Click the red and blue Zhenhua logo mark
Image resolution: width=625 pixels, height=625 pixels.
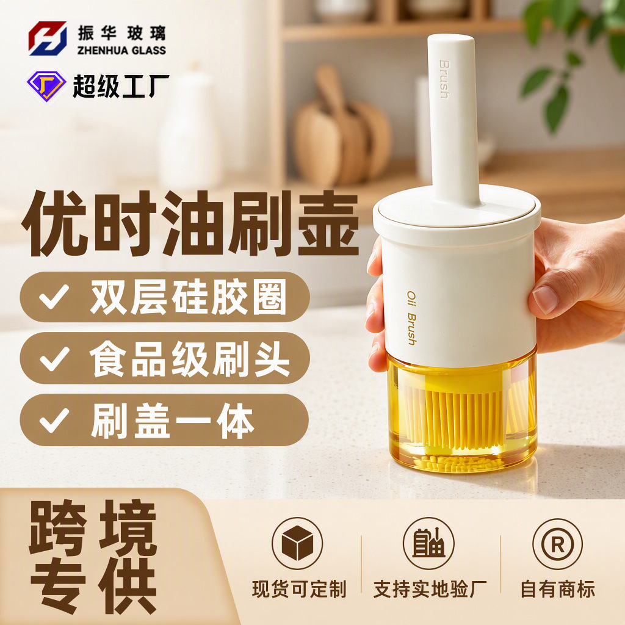coord(48,38)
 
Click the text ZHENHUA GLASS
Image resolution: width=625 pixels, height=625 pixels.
coord(121,50)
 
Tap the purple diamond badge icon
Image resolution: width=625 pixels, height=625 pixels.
coord(46,85)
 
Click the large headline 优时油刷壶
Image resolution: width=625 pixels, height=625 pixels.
coord(190,223)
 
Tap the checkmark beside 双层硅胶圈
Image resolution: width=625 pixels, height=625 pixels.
coord(54,297)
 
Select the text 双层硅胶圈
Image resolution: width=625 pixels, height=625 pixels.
coord(188,297)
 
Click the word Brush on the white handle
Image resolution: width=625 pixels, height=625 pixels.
coord(444,79)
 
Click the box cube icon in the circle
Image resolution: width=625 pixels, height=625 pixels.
coord(297,543)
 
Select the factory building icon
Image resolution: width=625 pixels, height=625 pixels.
coord(428,543)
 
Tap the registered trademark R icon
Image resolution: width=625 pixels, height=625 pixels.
coord(557,544)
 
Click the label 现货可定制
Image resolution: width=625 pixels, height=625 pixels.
coord(299,589)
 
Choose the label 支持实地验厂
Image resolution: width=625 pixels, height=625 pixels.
coord(430,589)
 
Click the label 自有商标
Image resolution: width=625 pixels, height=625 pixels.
coord(558,589)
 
